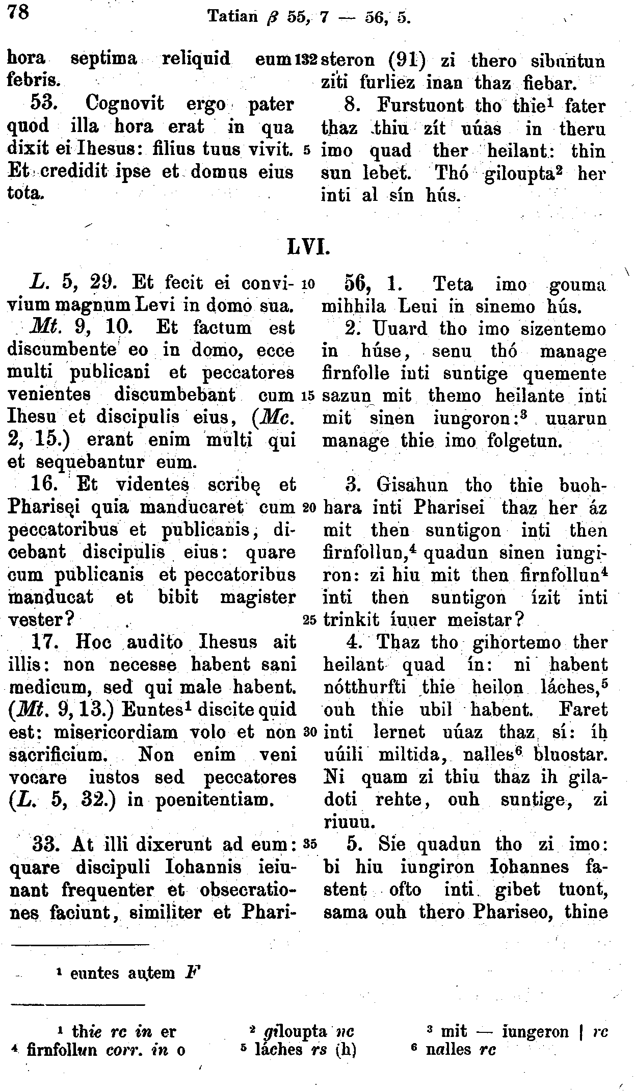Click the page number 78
(x=18, y=12)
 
